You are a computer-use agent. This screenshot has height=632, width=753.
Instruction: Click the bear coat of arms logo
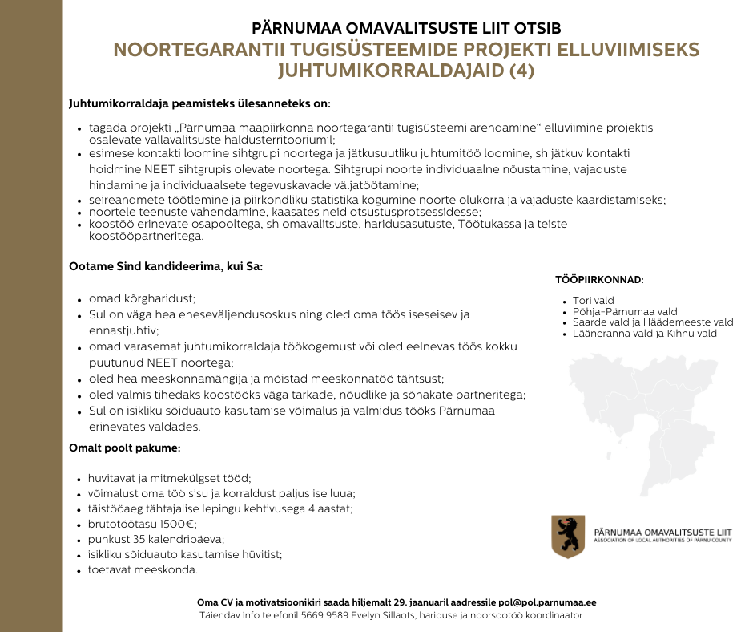568,537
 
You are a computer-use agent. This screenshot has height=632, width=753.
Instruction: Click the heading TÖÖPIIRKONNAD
599,280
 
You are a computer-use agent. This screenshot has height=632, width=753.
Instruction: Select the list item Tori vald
593,301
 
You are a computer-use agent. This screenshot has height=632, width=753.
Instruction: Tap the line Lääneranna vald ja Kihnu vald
644,333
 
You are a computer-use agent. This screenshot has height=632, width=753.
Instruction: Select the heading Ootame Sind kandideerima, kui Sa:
166,265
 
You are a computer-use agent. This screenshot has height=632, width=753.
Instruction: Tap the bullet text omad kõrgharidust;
142,298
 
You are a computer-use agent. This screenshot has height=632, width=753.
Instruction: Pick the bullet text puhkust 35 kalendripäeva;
156,539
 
